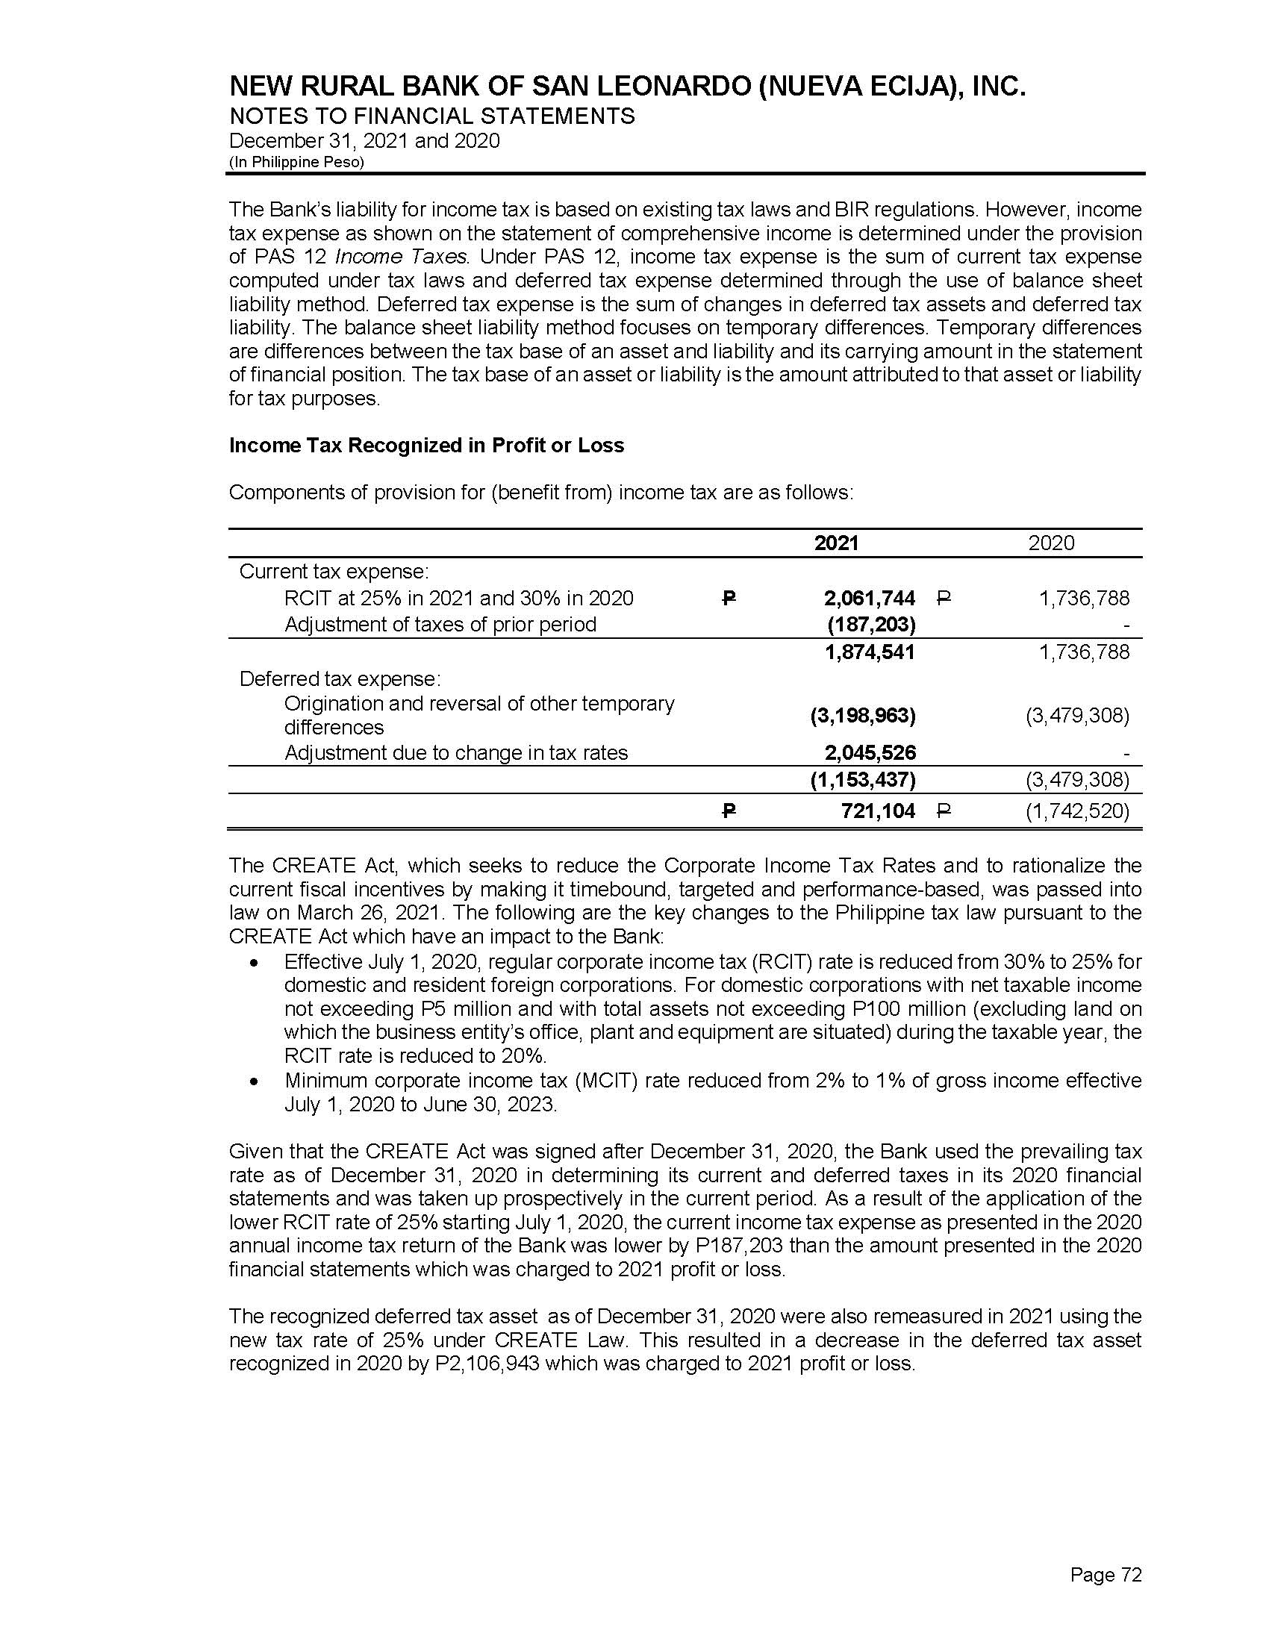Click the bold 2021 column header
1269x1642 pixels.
[x=836, y=543]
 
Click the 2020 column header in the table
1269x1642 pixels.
[x=1051, y=543]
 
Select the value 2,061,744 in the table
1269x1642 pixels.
[x=869, y=599]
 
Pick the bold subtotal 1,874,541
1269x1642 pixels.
[x=869, y=652]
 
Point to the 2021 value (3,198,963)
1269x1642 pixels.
[x=862, y=716]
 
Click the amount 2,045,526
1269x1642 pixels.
[x=869, y=752]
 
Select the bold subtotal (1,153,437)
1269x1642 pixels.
[x=862, y=781]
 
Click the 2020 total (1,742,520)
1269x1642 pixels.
[x=1077, y=811]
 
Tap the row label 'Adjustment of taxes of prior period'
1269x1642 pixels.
[x=440, y=625]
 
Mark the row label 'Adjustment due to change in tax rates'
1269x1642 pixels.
[x=455, y=752]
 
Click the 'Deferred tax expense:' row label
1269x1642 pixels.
[x=340, y=679]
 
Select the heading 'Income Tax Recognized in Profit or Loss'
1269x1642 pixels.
[x=426, y=445]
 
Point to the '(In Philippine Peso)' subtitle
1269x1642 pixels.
[x=296, y=163]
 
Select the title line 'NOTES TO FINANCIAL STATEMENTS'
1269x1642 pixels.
[x=432, y=116]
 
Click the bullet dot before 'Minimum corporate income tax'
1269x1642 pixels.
[x=256, y=1083]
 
